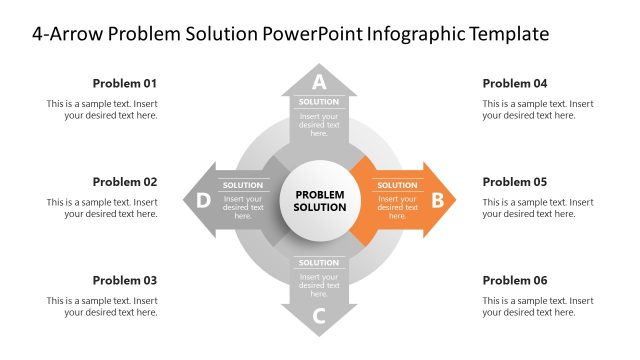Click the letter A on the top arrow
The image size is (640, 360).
[319, 82]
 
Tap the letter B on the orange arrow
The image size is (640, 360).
[437, 200]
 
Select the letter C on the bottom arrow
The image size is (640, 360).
[319, 317]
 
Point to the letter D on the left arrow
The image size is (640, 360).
[203, 200]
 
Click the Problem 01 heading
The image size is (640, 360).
[125, 83]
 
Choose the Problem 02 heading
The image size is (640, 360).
[125, 182]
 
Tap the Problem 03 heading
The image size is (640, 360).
[125, 280]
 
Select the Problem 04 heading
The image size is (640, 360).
[515, 83]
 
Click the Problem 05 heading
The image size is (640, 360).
[515, 182]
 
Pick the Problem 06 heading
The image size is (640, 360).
[515, 280]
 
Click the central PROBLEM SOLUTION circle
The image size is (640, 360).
[320, 200]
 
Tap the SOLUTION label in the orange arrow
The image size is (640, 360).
[397, 185]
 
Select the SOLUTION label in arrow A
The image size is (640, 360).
[319, 102]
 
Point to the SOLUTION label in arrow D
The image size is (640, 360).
[243, 185]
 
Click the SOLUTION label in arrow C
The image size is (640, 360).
[319, 263]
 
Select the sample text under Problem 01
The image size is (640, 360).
[102, 109]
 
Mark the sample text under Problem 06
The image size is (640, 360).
[538, 306]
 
